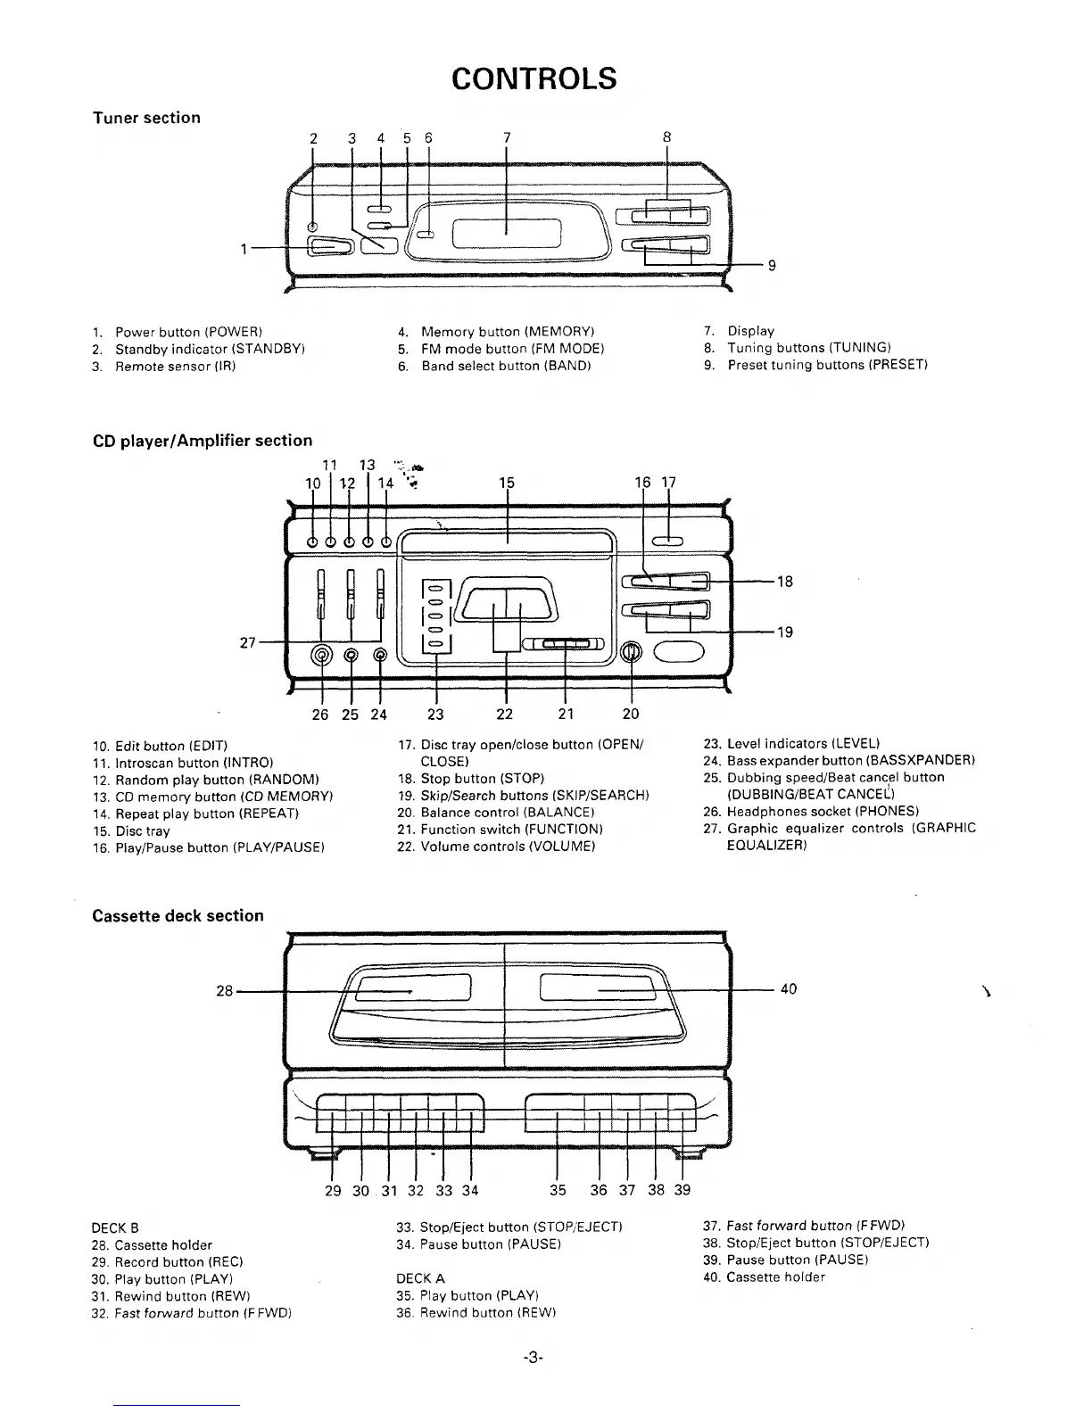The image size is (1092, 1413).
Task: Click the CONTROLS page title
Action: (x=534, y=78)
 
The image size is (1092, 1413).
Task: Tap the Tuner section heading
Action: (x=146, y=118)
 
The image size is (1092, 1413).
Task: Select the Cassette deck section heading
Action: (x=178, y=915)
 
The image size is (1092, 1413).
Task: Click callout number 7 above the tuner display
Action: (x=506, y=137)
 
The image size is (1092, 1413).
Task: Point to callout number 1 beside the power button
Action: (x=244, y=249)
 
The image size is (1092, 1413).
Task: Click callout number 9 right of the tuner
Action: (x=772, y=265)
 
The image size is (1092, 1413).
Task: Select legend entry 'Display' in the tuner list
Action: (x=750, y=331)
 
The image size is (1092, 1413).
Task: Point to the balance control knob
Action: (x=632, y=653)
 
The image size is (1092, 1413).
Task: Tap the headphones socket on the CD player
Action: (x=321, y=656)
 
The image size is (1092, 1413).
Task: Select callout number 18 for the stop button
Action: (x=784, y=582)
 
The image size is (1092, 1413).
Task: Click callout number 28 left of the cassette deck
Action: (x=225, y=990)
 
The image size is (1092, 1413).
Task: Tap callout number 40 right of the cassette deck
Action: (x=789, y=988)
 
